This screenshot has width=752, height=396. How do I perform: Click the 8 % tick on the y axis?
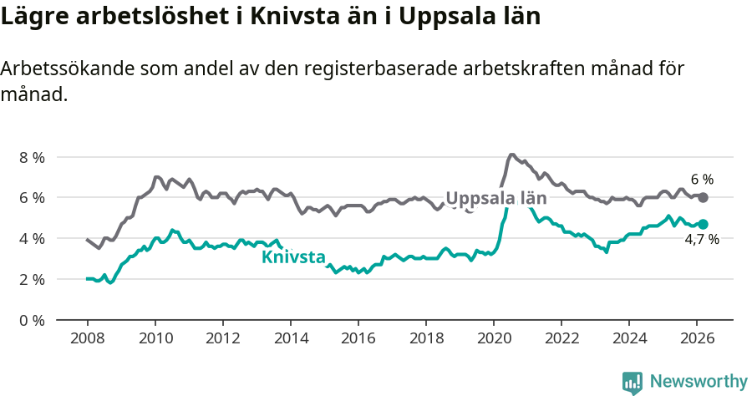(32, 157)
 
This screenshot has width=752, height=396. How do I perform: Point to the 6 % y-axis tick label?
(32, 198)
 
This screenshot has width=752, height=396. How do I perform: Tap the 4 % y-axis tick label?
(32, 238)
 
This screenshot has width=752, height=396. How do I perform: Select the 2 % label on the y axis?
(32, 279)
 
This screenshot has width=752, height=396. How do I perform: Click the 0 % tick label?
(32, 320)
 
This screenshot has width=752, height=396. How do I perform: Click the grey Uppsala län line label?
(495, 198)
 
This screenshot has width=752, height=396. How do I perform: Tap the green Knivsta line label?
(293, 257)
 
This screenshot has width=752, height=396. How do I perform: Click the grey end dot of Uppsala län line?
(704, 197)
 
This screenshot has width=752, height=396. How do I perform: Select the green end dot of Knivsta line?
(704, 224)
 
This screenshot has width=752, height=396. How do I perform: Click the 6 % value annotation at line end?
(702, 180)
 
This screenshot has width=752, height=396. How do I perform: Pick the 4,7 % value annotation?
(702, 241)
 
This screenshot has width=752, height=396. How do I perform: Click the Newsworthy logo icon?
(633, 382)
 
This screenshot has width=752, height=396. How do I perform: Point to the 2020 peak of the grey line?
(511, 155)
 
